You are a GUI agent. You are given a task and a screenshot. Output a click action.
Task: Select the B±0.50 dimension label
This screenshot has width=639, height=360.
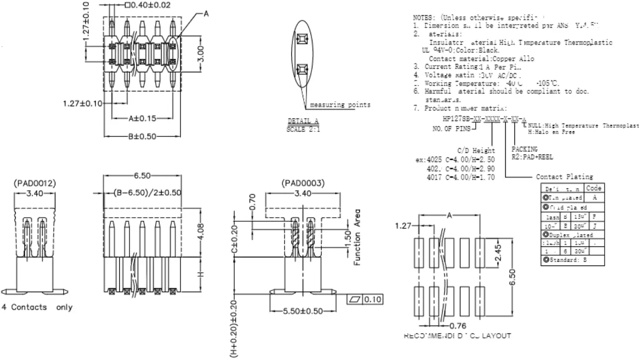point(142,136)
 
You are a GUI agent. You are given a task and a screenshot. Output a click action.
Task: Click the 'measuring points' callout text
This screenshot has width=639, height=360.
point(340,105)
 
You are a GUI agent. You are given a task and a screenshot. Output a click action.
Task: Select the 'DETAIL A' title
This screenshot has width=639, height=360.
point(303,121)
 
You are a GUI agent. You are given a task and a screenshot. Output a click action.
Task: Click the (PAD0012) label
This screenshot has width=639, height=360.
point(35,183)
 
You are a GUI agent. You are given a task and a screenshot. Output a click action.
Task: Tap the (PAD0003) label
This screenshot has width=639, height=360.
point(303,183)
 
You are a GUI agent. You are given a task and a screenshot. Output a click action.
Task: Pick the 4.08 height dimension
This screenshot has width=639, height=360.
point(201,234)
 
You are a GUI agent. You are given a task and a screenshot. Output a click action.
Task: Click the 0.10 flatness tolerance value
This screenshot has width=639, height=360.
point(372,299)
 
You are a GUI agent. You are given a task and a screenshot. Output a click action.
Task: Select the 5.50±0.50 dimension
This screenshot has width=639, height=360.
point(303,311)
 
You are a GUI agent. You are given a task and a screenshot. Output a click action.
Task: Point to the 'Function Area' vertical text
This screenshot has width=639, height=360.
point(357,237)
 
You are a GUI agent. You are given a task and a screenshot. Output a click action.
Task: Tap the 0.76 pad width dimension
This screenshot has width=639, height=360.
point(457,326)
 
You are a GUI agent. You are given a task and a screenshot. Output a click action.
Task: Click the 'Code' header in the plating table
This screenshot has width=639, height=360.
point(594,188)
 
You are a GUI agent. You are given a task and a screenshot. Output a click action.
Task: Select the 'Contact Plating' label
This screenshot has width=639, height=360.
point(564,177)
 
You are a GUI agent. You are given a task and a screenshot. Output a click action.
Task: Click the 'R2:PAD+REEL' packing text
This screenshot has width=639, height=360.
point(532,157)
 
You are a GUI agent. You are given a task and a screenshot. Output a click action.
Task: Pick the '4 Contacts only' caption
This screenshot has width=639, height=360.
point(37,307)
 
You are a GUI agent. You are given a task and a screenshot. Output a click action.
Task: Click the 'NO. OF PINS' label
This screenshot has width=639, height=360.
point(451,129)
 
